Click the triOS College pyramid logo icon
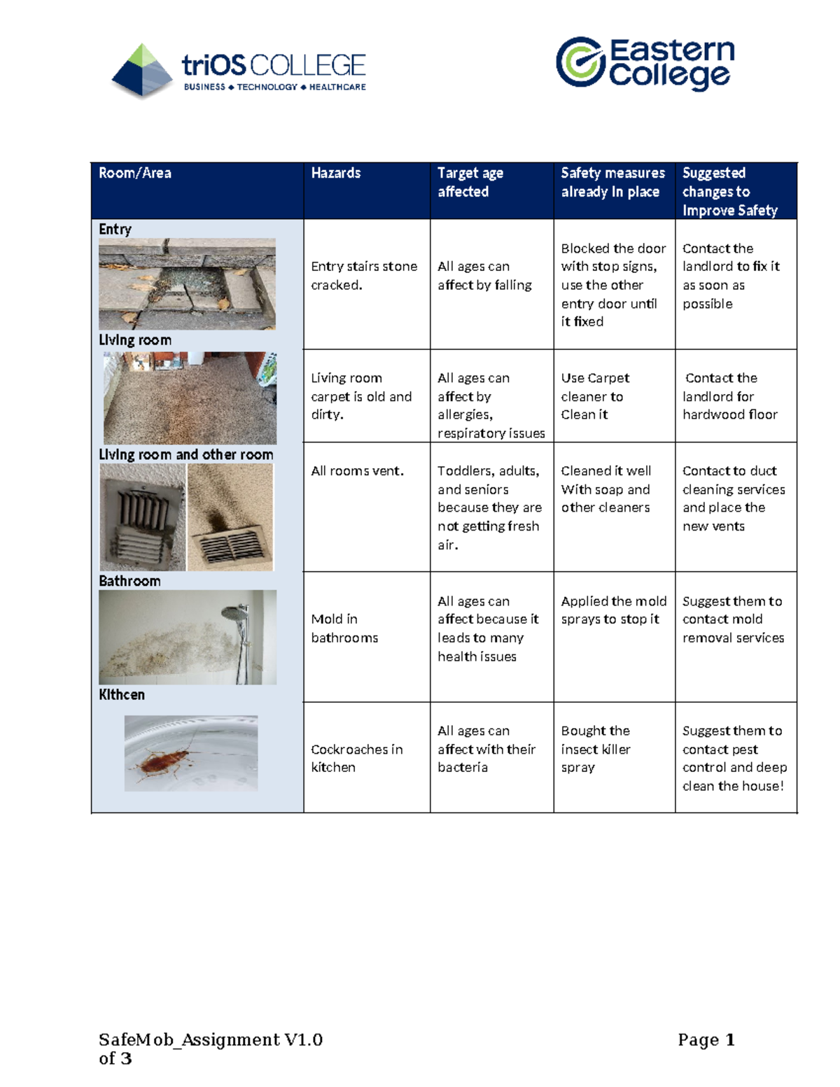pos(142,70)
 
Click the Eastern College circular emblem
pos(580,62)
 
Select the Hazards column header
pos(336,173)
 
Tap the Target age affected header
pos(470,182)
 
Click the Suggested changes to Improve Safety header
pos(729,191)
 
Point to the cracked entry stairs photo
pos(187,283)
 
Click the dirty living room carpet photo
pos(190,398)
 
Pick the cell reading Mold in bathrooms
pos(344,628)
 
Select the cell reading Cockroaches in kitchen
pos(356,758)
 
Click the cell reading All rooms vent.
pos(357,471)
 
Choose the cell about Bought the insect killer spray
pos(596,749)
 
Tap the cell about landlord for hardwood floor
pos(730,396)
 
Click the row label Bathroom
pos(129,581)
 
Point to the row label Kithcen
pos(122,694)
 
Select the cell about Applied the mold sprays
pos(613,610)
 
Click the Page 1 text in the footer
pos(706,1040)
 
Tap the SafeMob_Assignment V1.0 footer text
pos(210,1040)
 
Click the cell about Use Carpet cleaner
pos(595,396)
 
